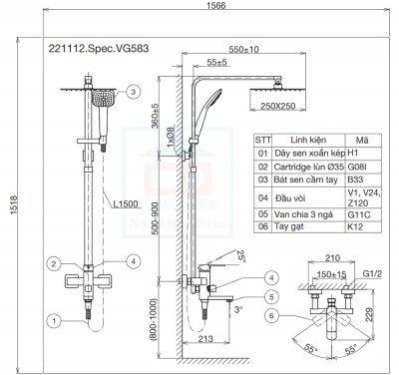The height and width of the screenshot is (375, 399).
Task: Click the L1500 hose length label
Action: (126, 204)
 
